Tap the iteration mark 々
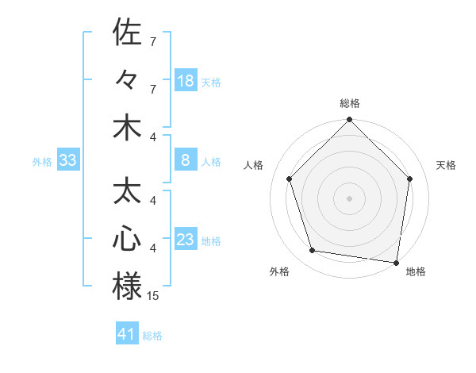127,79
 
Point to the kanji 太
127,191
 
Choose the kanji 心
127,239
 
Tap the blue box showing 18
186,81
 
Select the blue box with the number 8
186,161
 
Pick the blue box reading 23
186,240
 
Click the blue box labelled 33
67,161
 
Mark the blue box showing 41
127,334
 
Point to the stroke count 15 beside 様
153,296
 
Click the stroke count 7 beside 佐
153,40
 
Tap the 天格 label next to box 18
211,82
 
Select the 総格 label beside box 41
152,335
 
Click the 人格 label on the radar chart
254,165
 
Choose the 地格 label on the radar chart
416,271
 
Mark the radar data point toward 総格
349,121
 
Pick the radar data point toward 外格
313,251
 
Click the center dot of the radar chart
349,198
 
